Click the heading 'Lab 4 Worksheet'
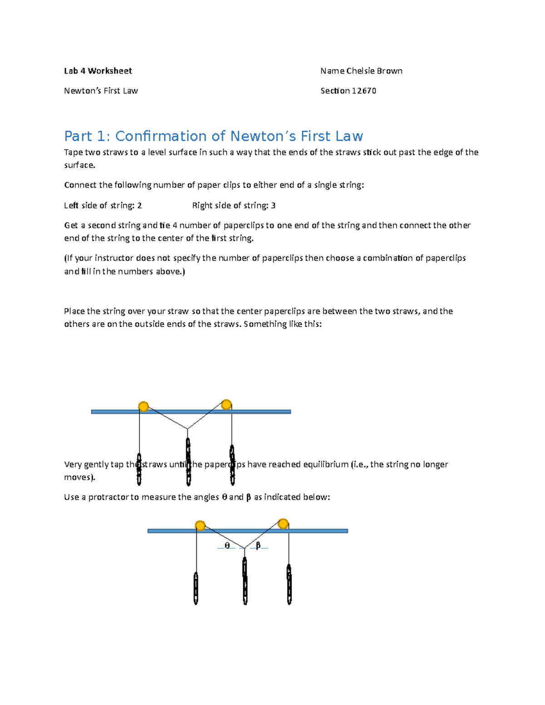pos(98,71)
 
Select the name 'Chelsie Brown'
pos(374,71)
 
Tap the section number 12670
pos(364,91)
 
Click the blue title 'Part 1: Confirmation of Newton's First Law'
pos(213,136)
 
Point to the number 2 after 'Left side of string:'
pos(139,206)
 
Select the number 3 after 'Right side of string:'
pos(273,206)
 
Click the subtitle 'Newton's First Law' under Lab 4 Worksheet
pos(101,91)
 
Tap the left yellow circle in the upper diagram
pos(143,406)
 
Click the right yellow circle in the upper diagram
pos(226,404)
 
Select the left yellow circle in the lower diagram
pos(200,526)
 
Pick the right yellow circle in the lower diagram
pos(283,524)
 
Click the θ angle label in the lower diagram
pos(227,546)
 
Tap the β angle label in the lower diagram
pos(258,546)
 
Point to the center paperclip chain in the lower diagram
pos(245,581)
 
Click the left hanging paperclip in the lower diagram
pos(196,588)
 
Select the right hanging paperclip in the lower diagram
pos(289,585)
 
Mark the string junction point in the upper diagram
pos(188,429)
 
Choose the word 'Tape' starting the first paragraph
pos(73,153)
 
